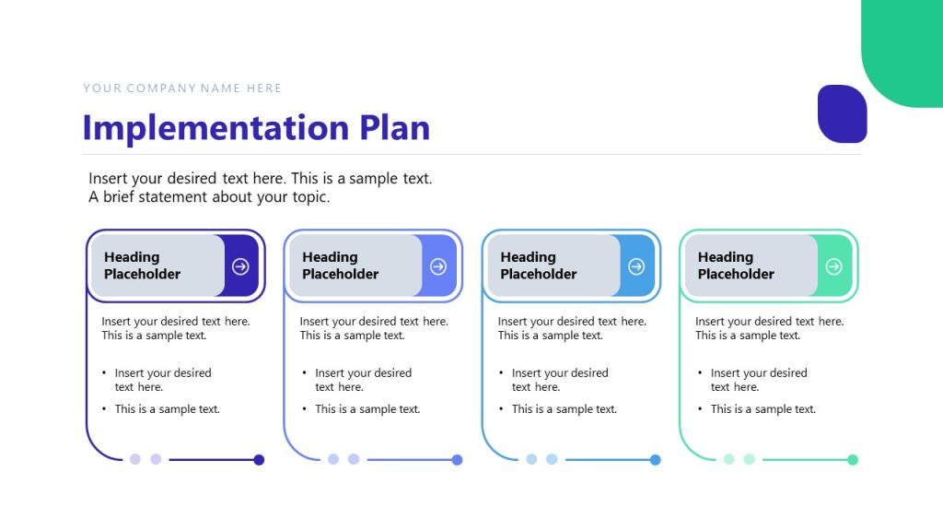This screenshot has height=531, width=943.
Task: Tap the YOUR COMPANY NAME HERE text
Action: pyautogui.click(x=182, y=88)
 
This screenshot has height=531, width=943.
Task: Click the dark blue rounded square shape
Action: pyautogui.click(x=842, y=113)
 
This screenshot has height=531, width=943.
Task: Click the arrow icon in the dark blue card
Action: pyautogui.click(x=240, y=266)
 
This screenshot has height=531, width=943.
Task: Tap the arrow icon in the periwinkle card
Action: pyautogui.click(x=438, y=266)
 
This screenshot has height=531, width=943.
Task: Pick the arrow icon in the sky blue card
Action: pyautogui.click(x=636, y=266)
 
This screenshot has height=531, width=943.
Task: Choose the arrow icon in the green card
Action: pyautogui.click(x=833, y=266)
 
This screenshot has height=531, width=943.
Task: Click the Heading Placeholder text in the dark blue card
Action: pyautogui.click(x=143, y=265)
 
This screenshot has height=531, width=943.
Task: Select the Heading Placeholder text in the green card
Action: pyautogui.click(x=736, y=265)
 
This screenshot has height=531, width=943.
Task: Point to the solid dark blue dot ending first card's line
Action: pyautogui.click(x=259, y=459)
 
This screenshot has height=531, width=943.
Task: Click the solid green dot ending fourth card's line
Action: pyautogui.click(x=853, y=459)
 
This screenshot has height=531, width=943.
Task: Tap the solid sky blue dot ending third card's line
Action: pyautogui.click(x=655, y=459)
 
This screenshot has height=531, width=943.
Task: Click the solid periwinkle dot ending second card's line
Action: pyautogui.click(x=457, y=459)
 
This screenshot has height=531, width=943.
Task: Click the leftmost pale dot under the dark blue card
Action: pyautogui.click(x=135, y=459)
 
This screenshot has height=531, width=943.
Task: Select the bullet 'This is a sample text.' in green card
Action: pyautogui.click(x=763, y=409)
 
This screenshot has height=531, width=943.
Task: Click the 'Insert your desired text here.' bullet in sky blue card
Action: pyautogui.click(x=560, y=379)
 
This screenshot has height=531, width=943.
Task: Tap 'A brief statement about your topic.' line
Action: pyautogui.click(x=209, y=197)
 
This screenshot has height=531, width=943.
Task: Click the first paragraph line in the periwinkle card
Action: pyautogui.click(x=374, y=322)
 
